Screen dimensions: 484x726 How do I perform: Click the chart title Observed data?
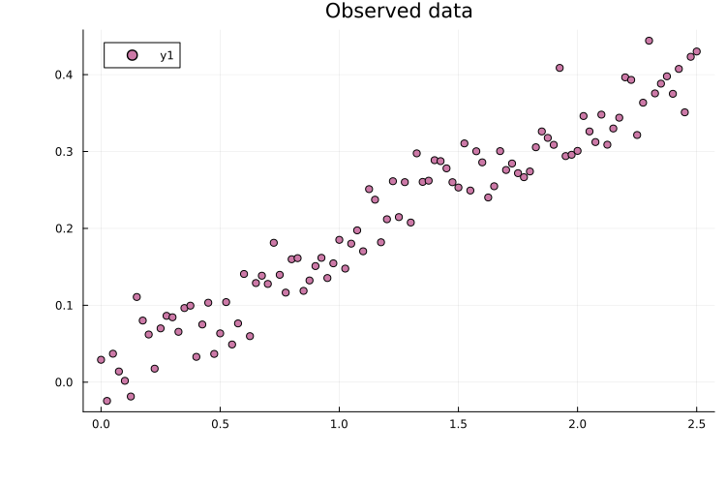coord(399,12)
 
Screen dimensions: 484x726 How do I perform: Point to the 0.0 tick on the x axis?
coord(101,425)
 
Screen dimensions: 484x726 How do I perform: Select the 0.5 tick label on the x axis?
coord(220,425)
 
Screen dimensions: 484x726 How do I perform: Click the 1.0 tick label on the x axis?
coord(339,425)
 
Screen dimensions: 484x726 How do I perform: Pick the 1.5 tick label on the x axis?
coord(458,425)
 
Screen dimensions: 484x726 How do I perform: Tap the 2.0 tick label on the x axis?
coord(577,425)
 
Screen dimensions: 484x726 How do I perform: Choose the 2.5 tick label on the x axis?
coord(696,425)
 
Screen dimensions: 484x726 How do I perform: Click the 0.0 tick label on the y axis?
coord(65,382)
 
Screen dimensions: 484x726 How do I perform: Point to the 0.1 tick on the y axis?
coord(65,306)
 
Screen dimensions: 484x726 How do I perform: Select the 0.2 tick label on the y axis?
coord(65,228)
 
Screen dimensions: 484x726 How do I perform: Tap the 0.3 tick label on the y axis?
coord(65,152)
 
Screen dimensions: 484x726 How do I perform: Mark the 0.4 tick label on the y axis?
coord(65,75)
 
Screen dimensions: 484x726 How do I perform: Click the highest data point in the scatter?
coord(649,41)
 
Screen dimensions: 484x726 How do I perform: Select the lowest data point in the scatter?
coord(106,401)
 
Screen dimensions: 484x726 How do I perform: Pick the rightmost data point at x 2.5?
coord(696,51)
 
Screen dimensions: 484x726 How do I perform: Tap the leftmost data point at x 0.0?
coord(101,359)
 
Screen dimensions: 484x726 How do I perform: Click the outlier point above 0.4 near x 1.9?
coord(560,68)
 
